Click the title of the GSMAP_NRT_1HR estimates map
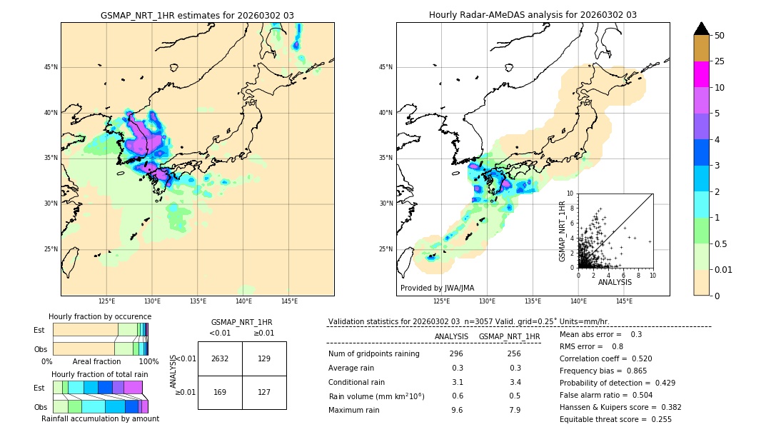[x=197, y=15]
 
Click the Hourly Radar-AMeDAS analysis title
[x=533, y=15]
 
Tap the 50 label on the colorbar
[x=720, y=36]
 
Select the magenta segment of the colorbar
[x=702, y=74]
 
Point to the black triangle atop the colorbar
[x=702, y=29]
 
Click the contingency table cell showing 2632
[x=220, y=358]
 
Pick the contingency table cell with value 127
[x=264, y=391]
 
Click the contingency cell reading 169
[x=220, y=391]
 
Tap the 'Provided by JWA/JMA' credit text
[x=437, y=288]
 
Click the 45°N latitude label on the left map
[x=50, y=67]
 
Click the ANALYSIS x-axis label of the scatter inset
[x=615, y=282]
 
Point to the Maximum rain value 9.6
[x=456, y=410]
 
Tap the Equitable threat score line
[x=615, y=419]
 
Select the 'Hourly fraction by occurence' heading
[x=100, y=316]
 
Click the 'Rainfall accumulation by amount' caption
[x=100, y=418]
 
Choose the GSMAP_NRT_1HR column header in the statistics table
[x=509, y=336]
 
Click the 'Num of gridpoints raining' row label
[x=374, y=353]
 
